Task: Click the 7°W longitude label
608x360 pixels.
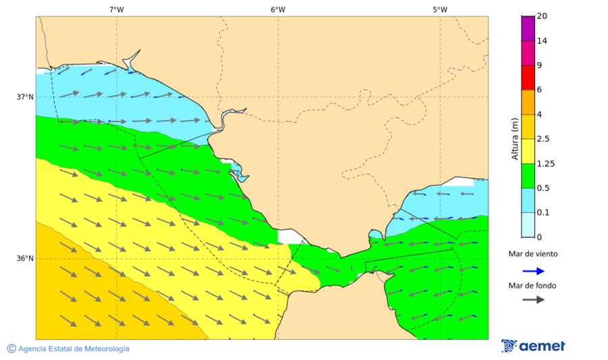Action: tap(116, 9)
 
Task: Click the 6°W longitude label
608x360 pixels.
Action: tap(278, 9)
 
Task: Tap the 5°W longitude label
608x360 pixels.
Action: tap(440, 9)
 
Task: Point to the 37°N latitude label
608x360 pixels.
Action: tap(25, 97)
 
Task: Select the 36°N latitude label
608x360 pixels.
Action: tap(25, 258)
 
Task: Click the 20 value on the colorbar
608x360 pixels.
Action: tap(541, 16)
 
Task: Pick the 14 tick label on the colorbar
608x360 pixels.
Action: tap(541, 41)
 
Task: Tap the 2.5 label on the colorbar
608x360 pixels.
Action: tap(542, 139)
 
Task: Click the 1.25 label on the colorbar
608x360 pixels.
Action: tap(544, 163)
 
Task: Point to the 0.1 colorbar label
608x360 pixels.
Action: tap(542, 213)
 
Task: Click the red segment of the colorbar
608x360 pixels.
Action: tap(528, 78)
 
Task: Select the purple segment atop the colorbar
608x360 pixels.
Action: tap(528, 28)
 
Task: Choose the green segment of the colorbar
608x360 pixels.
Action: tap(528, 176)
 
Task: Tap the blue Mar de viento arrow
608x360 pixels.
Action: tap(533, 271)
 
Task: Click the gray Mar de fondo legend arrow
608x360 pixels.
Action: tap(533, 299)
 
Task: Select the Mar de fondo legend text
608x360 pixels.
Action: tap(532, 286)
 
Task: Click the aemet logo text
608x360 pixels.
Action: tap(542, 346)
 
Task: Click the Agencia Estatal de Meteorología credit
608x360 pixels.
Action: tap(74, 349)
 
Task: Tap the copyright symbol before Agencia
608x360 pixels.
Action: tap(11, 349)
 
